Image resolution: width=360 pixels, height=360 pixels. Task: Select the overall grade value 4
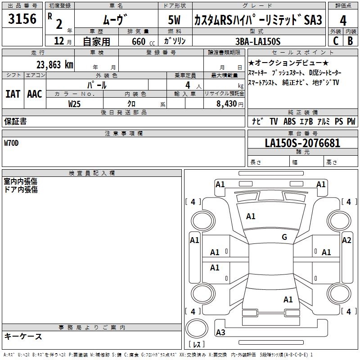click(343, 20)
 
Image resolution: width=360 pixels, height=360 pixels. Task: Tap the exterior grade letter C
click(335, 41)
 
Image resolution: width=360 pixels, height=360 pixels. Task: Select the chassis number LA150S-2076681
click(302, 144)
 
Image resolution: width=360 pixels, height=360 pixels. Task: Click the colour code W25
click(75, 103)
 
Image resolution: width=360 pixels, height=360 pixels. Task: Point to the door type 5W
click(175, 20)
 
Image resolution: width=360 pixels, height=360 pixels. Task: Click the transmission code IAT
click(13, 94)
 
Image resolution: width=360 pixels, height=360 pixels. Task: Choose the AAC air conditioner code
click(35, 94)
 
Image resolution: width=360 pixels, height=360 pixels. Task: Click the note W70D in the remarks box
click(13, 143)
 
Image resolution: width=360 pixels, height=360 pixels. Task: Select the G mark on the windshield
click(284, 237)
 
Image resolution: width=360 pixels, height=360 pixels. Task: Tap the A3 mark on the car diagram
click(220, 333)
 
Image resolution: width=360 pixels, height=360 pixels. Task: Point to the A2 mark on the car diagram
click(346, 240)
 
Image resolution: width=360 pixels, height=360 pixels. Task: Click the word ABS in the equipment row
click(289, 121)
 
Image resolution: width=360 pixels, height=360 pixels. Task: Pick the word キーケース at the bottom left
click(23, 336)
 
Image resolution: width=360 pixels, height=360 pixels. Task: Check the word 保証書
click(15, 121)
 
